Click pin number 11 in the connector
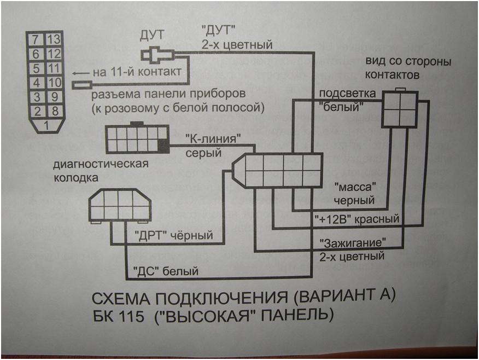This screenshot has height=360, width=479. pos(54,69)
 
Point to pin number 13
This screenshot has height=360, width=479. pos(54,39)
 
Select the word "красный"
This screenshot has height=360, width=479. pos(378,219)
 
